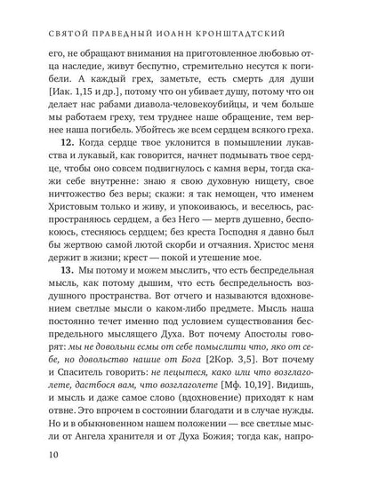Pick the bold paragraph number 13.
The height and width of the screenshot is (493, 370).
pyautogui.click(x=60, y=294)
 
